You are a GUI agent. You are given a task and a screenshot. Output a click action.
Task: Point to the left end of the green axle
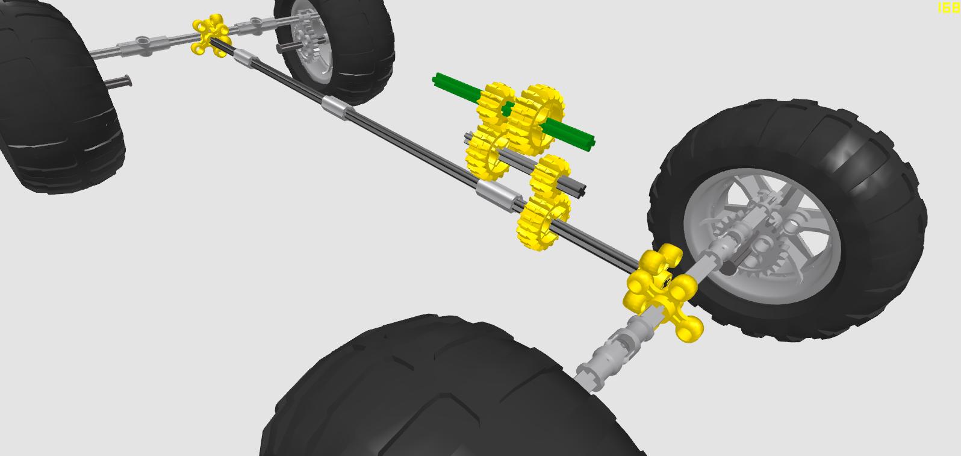click(435, 80)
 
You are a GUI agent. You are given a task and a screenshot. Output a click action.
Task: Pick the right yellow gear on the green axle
click(538, 119)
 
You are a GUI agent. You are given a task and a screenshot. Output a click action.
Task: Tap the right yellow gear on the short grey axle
click(550, 177)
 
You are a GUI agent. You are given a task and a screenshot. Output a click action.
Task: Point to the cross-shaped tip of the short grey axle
click(581, 189)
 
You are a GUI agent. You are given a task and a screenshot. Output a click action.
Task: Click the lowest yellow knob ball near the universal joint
click(689, 329)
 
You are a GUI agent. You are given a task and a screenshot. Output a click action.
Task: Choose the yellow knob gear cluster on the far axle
click(211, 35)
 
